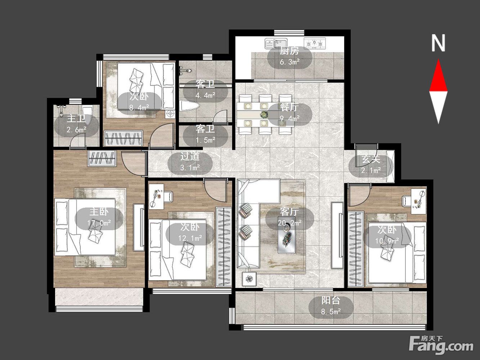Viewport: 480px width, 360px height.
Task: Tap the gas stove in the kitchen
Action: click(315, 43)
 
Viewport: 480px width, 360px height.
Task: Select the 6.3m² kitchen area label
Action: click(290, 62)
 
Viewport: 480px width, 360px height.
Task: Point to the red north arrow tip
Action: click(438, 59)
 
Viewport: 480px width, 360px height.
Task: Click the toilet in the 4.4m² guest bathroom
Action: click(189, 106)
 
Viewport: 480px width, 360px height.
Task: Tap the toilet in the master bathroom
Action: click(87, 113)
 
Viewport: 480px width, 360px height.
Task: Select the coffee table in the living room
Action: click(287, 235)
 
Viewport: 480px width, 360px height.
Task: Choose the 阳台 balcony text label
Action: click(331, 301)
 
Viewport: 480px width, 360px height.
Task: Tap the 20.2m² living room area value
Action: click(290, 223)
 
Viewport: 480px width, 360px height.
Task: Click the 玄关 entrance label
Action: click(371, 159)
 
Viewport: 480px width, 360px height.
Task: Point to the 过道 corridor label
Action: click(190, 156)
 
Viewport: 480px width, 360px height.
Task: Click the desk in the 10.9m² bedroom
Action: click(418, 201)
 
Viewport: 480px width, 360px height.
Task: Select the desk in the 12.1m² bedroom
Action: click(156, 196)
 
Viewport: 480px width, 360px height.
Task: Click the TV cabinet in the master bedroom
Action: click(139, 227)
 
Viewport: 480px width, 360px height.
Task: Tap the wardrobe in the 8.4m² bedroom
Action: click(124, 138)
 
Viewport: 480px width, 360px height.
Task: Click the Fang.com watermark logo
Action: click(441, 345)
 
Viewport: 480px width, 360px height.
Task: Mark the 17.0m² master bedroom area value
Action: click(99, 223)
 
